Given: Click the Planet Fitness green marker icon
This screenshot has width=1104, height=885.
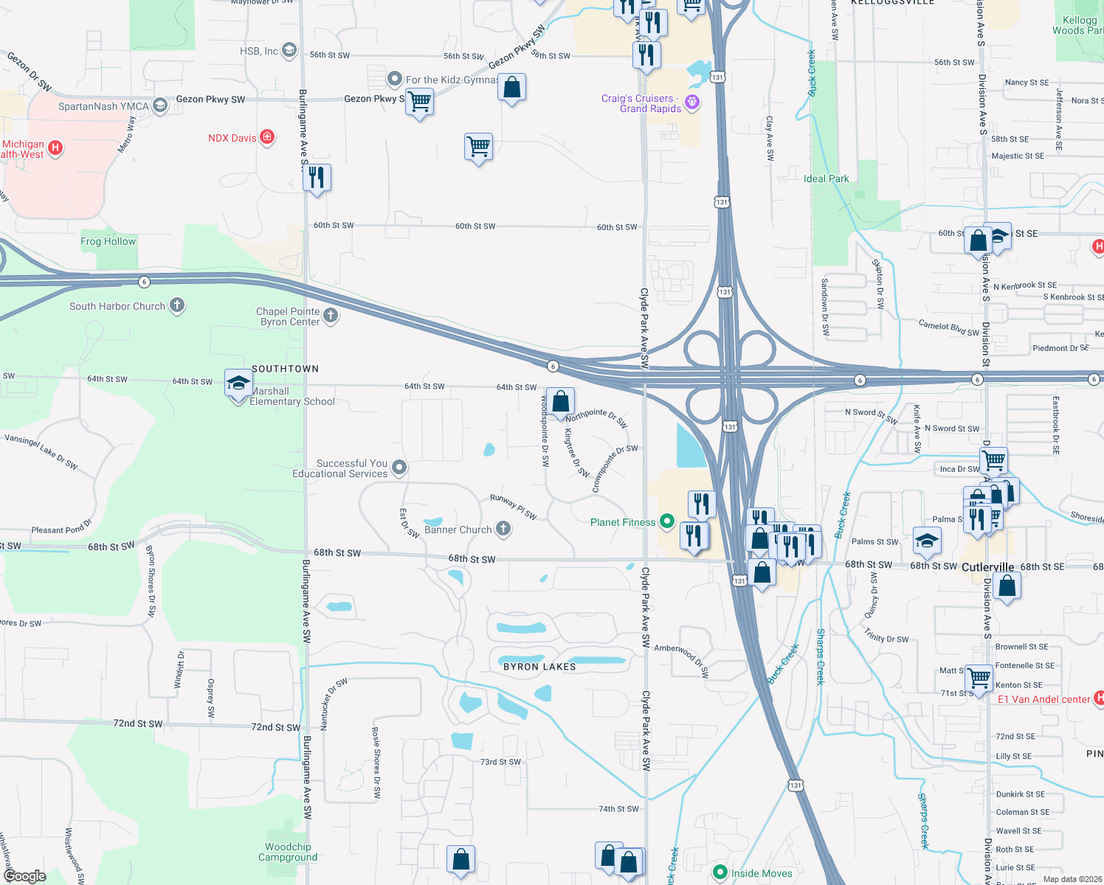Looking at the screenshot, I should point(667,522).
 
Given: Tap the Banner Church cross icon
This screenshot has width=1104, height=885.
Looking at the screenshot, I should point(503,528).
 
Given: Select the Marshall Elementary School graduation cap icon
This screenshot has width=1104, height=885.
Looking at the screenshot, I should point(238,383).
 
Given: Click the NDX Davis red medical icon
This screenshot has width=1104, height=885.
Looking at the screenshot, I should point(267,137).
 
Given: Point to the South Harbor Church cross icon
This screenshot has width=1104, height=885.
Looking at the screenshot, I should point(177,305).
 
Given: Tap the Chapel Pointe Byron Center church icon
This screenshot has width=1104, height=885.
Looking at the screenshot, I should point(331,316).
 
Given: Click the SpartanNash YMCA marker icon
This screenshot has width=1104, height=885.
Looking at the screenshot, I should point(160,106).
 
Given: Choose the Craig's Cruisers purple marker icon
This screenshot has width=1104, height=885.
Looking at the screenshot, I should point(692,103).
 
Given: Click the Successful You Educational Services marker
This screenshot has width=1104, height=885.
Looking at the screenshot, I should point(399,467).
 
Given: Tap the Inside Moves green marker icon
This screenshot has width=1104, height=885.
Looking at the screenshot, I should point(720,872).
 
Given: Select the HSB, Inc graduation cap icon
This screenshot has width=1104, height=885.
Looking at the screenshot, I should point(289,50).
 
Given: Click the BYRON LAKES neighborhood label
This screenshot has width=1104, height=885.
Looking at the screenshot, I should point(539,667).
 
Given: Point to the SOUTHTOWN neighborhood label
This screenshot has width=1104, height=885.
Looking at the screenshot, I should point(285,369).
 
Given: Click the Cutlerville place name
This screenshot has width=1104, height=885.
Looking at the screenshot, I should point(987,567).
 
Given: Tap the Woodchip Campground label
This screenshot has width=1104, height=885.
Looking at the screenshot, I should point(288,852).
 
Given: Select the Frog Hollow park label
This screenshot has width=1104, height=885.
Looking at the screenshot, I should point(108,241).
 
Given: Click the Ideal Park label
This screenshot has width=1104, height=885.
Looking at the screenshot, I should point(826,178).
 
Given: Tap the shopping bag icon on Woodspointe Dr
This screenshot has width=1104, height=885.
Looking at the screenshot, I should point(561,402).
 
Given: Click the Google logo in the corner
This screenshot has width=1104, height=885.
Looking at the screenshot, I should point(25,875).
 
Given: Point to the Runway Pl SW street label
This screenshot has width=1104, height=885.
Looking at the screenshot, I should point(514,507).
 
